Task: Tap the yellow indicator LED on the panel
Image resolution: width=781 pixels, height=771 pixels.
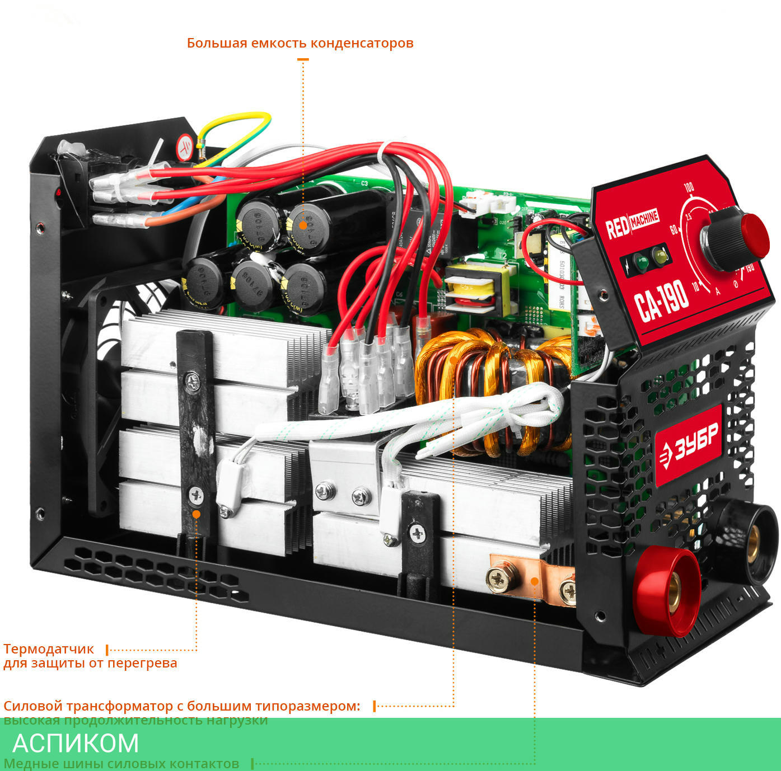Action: pyautogui.click(x=661, y=257)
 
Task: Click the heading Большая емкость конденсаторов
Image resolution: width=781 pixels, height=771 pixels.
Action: pyautogui.click(x=300, y=43)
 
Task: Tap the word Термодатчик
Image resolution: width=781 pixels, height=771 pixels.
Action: pyautogui.click(x=49, y=649)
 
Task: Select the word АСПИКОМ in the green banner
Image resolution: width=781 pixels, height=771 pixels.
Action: pyautogui.click(x=76, y=743)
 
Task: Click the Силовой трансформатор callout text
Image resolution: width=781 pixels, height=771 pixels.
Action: pyautogui.click(x=182, y=706)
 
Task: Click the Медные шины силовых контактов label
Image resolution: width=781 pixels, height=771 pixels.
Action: pyautogui.click(x=121, y=764)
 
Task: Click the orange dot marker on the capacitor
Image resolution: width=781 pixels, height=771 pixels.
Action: pyautogui.click(x=303, y=225)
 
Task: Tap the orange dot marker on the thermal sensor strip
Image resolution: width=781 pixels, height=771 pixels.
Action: pyautogui.click(x=196, y=514)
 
